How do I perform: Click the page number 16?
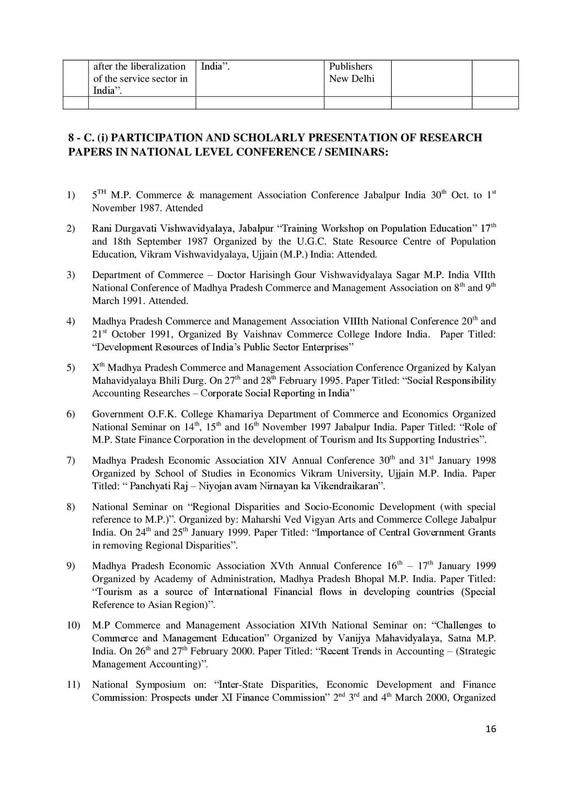tap(491, 729)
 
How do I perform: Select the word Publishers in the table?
tap(351, 67)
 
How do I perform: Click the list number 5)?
tap(71, 368)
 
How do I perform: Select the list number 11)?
tap(73, 685)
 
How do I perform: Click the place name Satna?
tap(459, 638)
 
